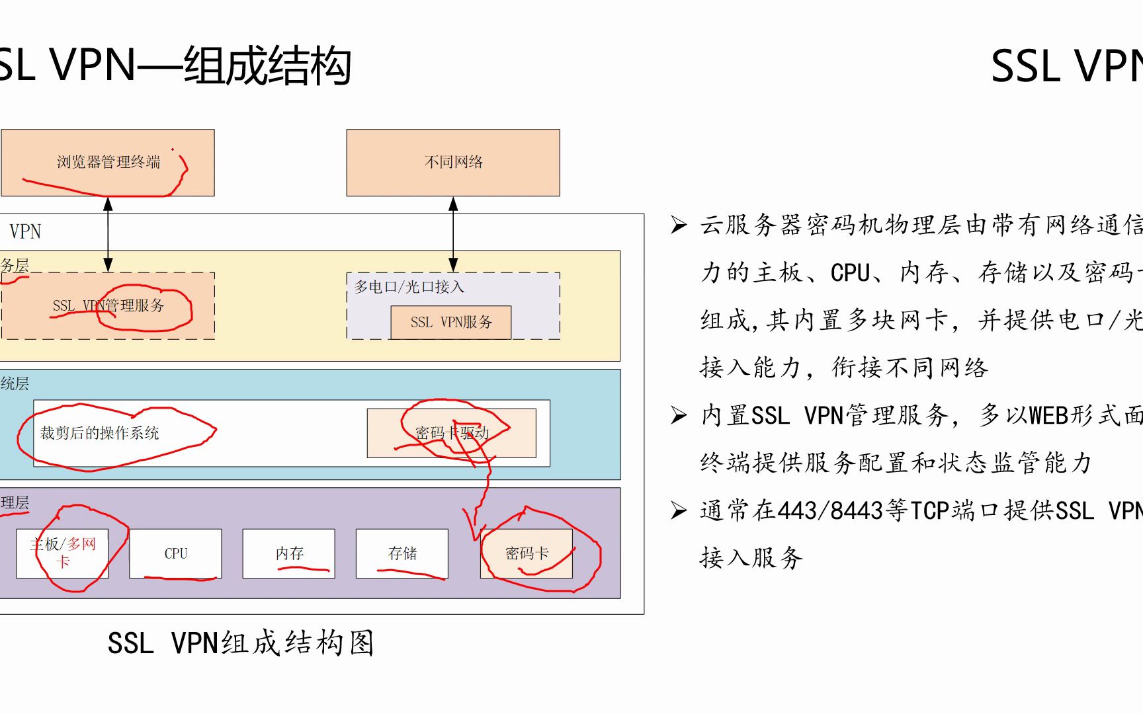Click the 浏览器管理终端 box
[108, 163]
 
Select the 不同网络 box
[453, 163]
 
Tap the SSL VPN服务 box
[451, 323]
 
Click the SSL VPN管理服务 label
[108, 305]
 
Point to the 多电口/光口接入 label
[409, 287]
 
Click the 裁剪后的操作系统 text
[99, 433]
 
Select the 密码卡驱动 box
[452, 433]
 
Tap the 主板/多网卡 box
[62, 553]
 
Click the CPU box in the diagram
[175, 553]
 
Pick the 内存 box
[289, 553]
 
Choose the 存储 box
[402, 553]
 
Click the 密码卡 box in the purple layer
[527, 553]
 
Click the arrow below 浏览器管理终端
[108, 235]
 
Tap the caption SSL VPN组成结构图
[241, 643]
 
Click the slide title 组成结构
[267, 66]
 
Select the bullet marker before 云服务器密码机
[679, 225]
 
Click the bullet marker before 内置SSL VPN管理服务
[679, 415]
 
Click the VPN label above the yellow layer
[25, 231]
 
